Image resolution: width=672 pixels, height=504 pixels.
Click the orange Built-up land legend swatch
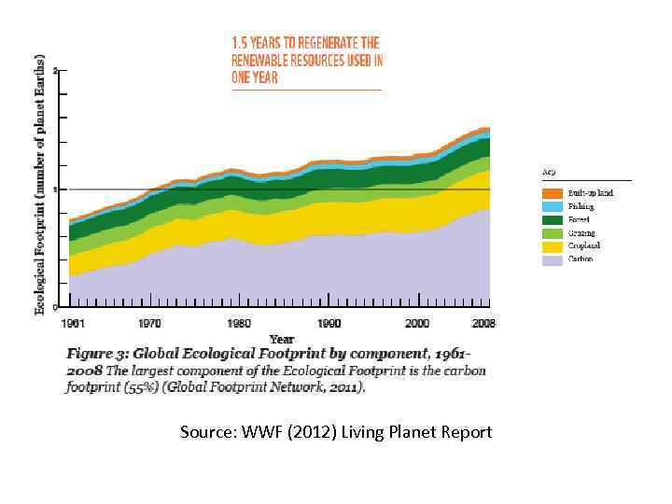tap(553, 193)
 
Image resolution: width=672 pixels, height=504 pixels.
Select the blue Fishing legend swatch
tap(553, 206)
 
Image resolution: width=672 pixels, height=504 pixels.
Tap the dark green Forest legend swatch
tap(553, 219)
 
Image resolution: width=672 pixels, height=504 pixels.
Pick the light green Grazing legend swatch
tap(553, 233)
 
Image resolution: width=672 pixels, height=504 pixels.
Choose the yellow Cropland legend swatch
tap(553, 246)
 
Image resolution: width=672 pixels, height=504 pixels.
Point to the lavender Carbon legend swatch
tap(553, 259)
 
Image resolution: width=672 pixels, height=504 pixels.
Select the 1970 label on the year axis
tap(148, 323)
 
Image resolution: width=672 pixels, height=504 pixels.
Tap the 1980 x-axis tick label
tap(238, 323)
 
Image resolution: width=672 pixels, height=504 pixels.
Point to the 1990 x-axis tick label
tap(329, 323)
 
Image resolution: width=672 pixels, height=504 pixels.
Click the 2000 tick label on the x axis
tap(418, 323)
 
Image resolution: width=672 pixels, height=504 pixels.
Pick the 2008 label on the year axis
tap(483, 323)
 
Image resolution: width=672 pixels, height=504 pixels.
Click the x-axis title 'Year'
tap(281, 338)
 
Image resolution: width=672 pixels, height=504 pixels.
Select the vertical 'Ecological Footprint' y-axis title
tap(40, 182)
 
